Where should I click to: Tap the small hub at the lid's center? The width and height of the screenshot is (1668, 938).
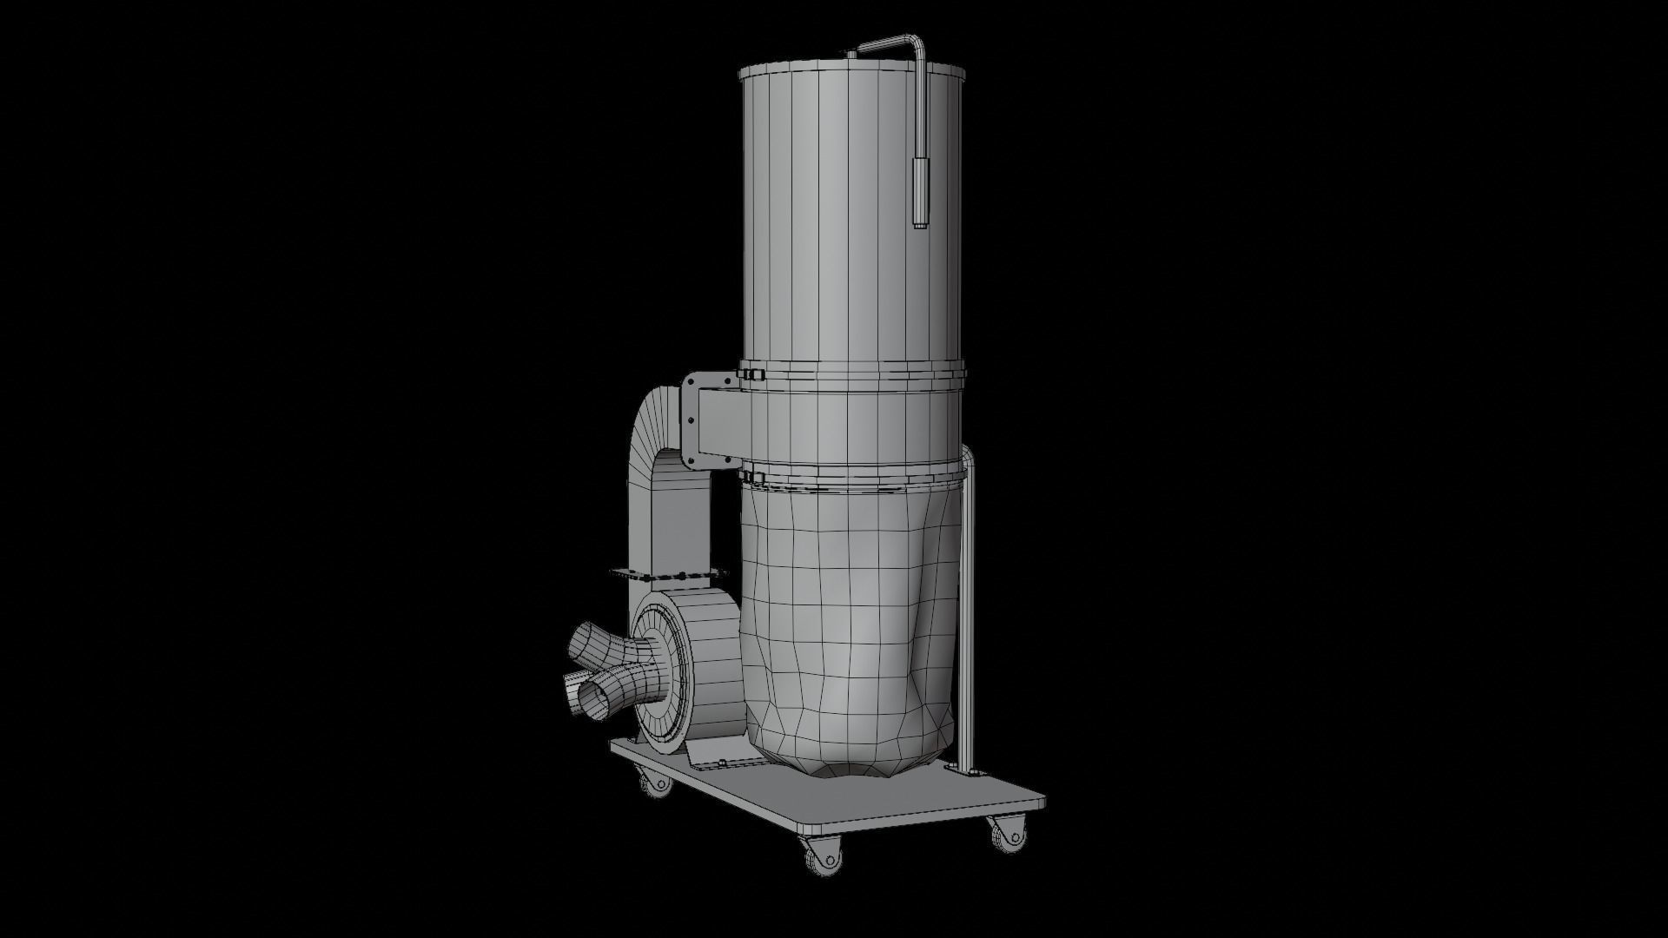[x=851, y=55]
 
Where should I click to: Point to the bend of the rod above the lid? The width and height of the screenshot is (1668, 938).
[x=914, y=42]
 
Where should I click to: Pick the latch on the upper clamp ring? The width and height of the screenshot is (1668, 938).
[x=749, y=375]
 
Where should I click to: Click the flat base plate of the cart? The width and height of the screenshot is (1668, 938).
[x=869, y=790]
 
